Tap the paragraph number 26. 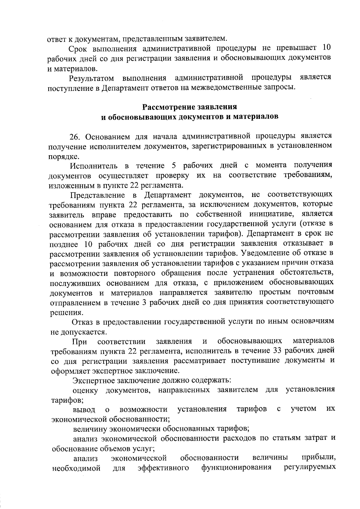[x=76, y=137]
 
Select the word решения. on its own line [x=62, y=312]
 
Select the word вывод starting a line [x=84, y=409]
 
